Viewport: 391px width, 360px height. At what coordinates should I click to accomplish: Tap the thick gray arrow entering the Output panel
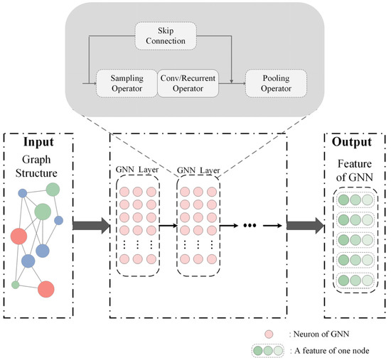305,227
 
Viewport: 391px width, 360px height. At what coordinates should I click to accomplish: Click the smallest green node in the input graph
16,285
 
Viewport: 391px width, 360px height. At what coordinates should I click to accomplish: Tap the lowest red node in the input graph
46,289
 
